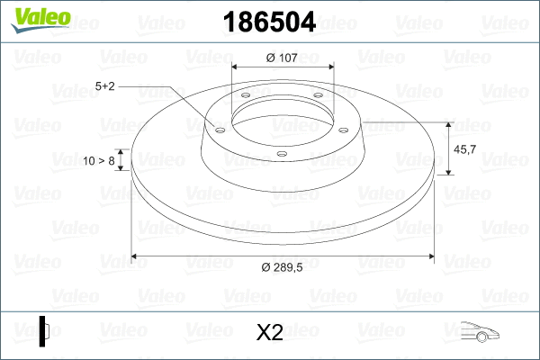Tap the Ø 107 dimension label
pyautogui.click(x=283, y=58)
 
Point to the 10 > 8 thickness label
pyautogui.click(x=98, y=161)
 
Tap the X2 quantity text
pyautogui.click(x=270, y=333)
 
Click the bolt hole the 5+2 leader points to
pyautogui.click(x=218, y=129)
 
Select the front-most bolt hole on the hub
pyautogui.click(x=281, y=154)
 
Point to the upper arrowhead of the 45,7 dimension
pyautogui.click(x=449, y=122)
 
